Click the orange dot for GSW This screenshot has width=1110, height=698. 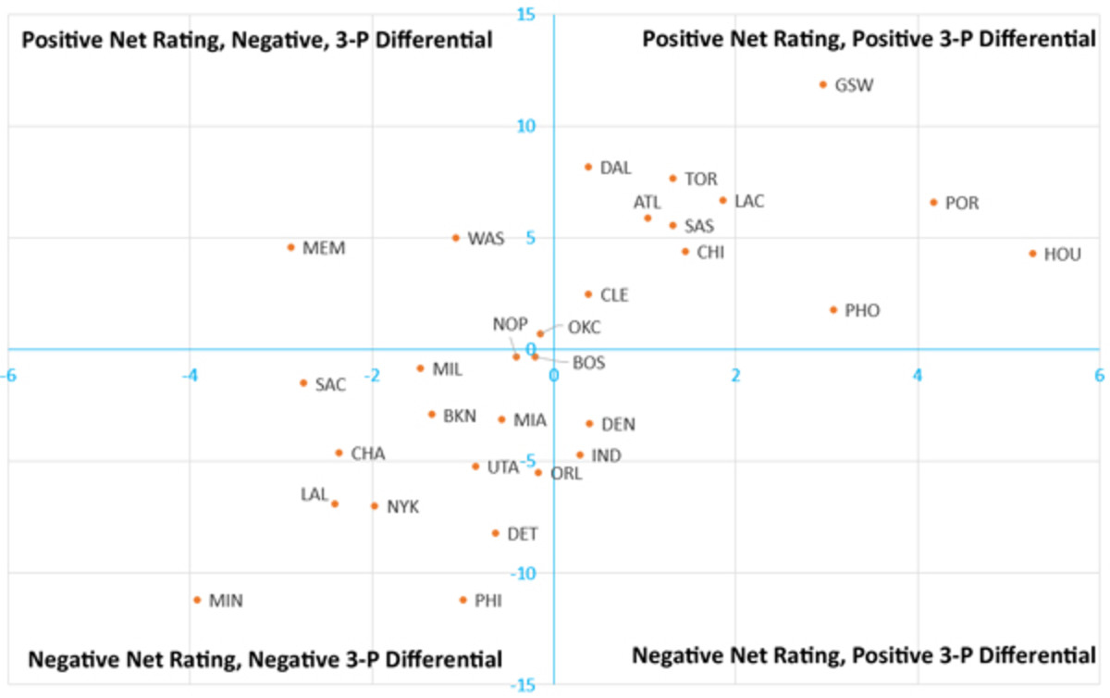[x=822, y=84]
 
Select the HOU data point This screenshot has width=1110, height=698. [x=1032, y=254]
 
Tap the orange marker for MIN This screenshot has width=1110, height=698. [x=197, y=600]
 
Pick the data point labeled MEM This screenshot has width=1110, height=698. [x=290, y=247]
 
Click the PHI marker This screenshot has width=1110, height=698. [x=463, y=600]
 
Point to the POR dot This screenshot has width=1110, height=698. [x=933, y=202]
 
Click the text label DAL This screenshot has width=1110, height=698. [x=615, y=168]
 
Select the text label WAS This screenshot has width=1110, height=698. [x=486, y=239]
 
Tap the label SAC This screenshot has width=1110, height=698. [x=330, y=384]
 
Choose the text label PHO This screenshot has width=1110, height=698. [x=862, y=311]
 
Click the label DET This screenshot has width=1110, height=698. [x=522, y=534]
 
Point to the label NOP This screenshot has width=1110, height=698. [x=510, y=324]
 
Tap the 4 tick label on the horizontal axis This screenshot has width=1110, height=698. [x=917, y=375]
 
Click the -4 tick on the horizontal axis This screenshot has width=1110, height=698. [x=189, y=375]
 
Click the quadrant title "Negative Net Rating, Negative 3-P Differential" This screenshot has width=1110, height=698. [x=265, y=659]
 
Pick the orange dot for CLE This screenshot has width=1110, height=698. [x=587, y=294]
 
